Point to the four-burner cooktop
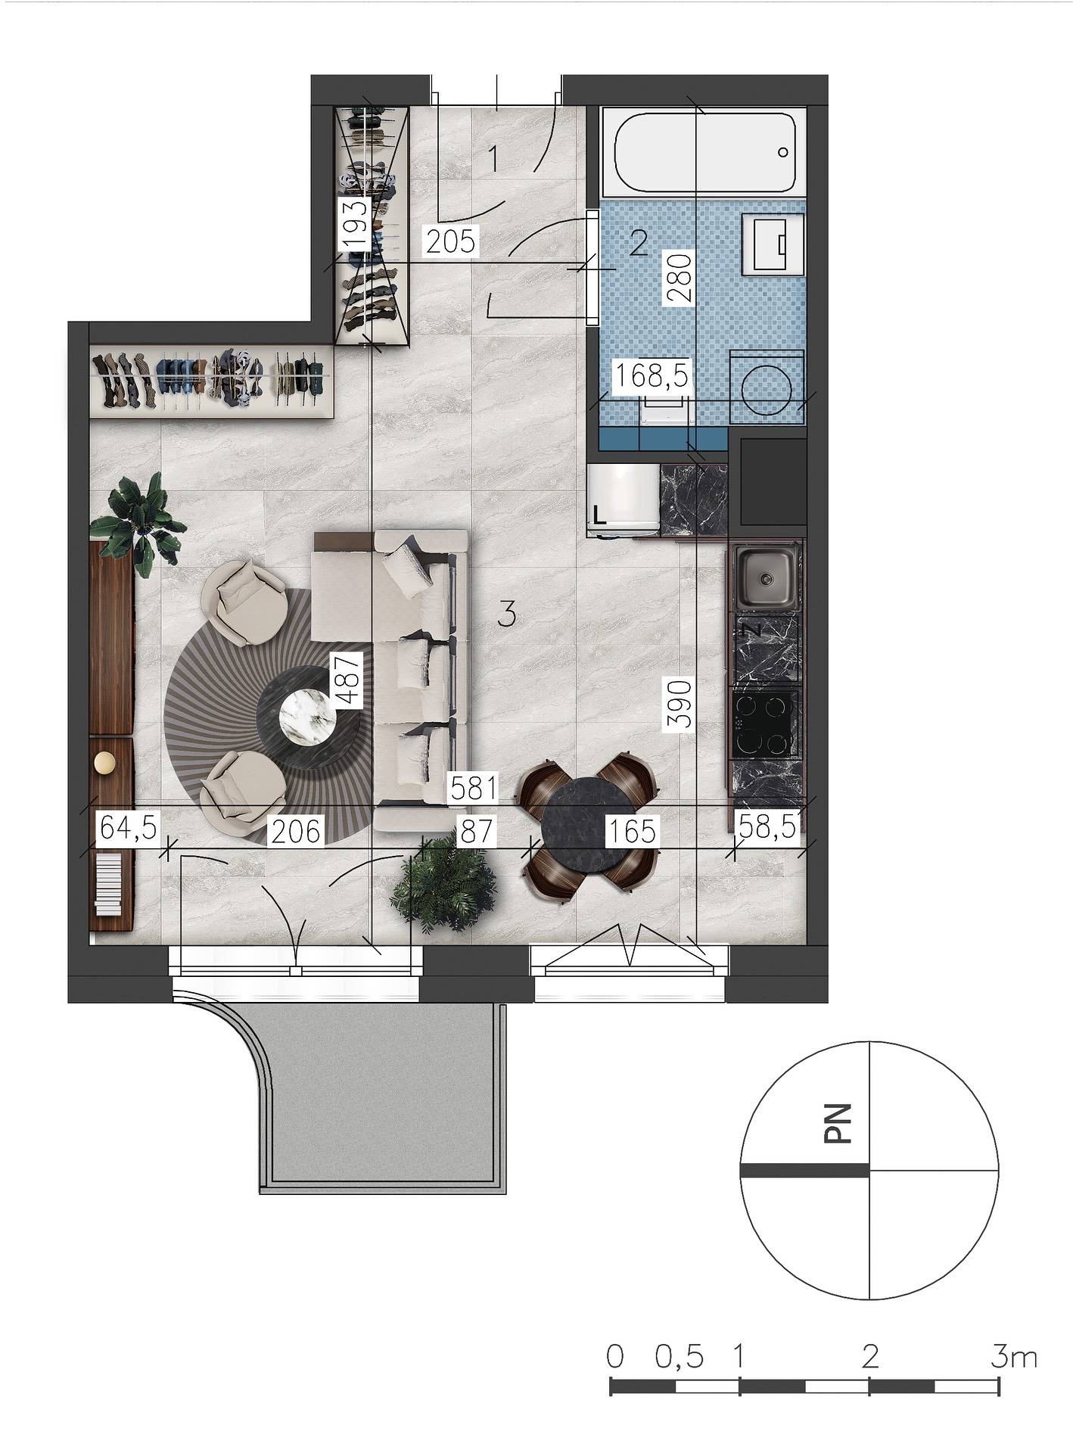point(765,725)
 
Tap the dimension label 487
point(347,680)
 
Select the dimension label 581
point(473,788)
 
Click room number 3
point(507,614)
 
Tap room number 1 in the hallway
point(493,159)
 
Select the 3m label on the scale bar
point(1013,1356)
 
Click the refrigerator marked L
point(623,501)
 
